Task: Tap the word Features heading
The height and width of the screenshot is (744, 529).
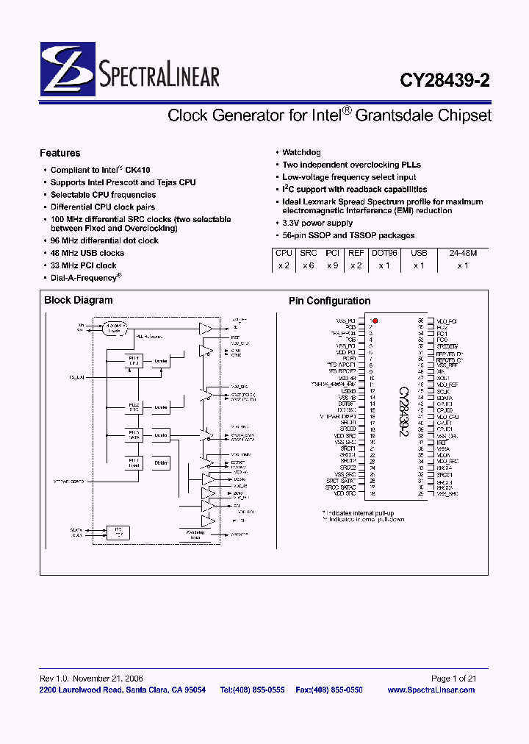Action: click(x=60, y=154)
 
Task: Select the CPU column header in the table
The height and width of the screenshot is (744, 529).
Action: click(x=284, y=253)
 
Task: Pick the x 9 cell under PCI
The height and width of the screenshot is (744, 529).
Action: click(x=332, y=265)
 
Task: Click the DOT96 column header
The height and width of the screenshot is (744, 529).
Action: click(x=384, y=253)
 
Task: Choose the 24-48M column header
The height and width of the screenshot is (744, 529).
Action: click(x=462, y=253)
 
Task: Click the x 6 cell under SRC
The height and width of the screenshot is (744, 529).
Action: click(x=308, y=265)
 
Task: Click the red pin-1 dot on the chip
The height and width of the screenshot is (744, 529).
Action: click(x=375, y=321)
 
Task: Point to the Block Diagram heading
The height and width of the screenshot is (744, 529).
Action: click(x=79, y=300)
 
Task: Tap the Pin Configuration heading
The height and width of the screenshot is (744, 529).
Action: click(x=329, y=301)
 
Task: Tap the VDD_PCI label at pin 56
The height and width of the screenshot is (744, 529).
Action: click(x=447, y=321)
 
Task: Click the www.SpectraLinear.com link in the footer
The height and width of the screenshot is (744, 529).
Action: click(x=431, y=690)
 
